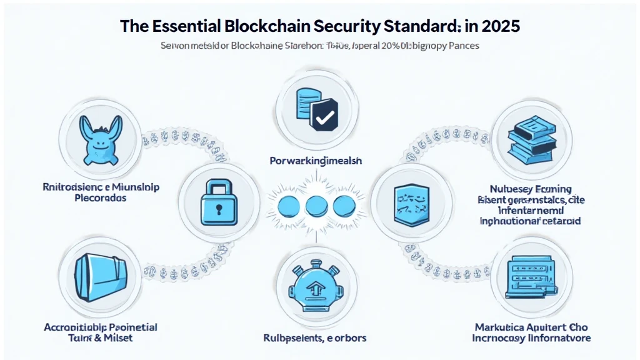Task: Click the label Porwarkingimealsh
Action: tap(316, 161)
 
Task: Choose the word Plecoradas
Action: tap(91, 197)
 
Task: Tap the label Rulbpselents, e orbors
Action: tap(315, 338)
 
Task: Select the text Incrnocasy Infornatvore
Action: tap(532, 338)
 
